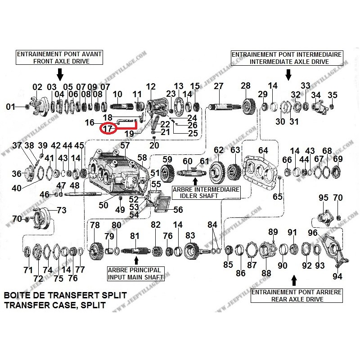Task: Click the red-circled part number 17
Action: click(107, 129)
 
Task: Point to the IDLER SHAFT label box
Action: click(206, 193)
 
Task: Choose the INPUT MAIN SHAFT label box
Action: click(135, 274)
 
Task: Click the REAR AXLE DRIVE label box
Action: click(296, 296)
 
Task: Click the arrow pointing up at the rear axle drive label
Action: click(295, 281)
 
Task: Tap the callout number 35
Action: click(332, 95)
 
